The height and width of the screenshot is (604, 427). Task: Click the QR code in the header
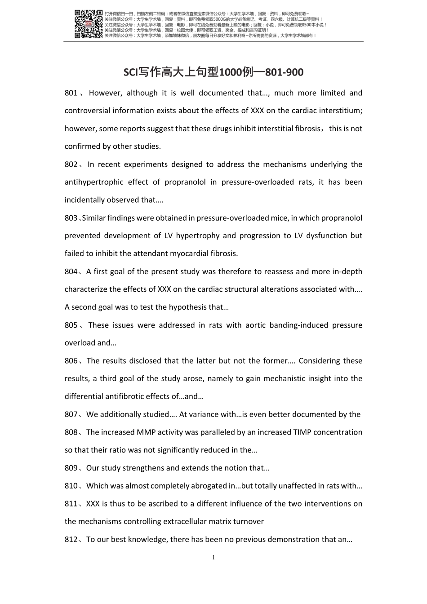tap(89, 23)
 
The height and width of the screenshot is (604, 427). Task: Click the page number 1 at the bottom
tap(213, 558)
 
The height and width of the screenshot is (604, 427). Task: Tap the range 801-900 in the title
tap(284, 72)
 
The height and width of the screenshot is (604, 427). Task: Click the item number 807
tap(71, 414)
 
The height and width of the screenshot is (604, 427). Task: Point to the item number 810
tap(71, 486)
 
